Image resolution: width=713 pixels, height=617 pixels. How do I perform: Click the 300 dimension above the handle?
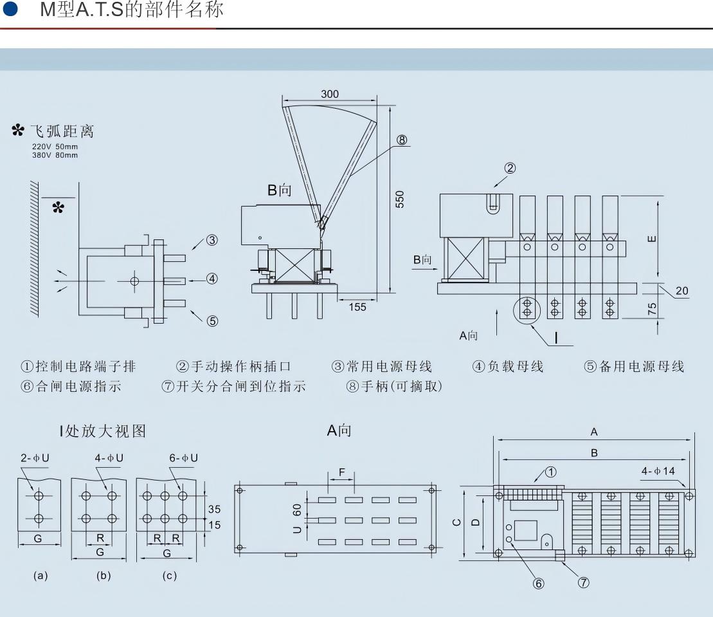(330, 95)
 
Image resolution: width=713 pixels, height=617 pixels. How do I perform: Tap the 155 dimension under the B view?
(357, 307)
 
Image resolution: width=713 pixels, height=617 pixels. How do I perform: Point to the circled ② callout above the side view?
(510, 169)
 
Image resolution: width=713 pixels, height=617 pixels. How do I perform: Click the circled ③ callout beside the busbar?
(212, 241)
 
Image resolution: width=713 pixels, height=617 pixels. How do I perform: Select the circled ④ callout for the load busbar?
(212, 279)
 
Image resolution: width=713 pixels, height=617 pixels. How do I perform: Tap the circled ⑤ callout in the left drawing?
(212, 321)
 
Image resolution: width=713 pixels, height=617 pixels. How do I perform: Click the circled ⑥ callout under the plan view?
(539, 583)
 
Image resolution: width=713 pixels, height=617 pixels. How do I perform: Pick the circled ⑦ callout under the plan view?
(582, 583)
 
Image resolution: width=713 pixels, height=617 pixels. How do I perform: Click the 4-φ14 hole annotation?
(659, 471)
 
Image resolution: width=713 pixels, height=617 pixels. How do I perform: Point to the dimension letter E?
(653, 239)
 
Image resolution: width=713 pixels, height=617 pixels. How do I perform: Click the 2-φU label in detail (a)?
(35, 457)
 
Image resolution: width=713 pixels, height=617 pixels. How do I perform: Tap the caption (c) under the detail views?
(169, 576)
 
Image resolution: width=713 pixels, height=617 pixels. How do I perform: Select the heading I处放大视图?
(103, 431)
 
